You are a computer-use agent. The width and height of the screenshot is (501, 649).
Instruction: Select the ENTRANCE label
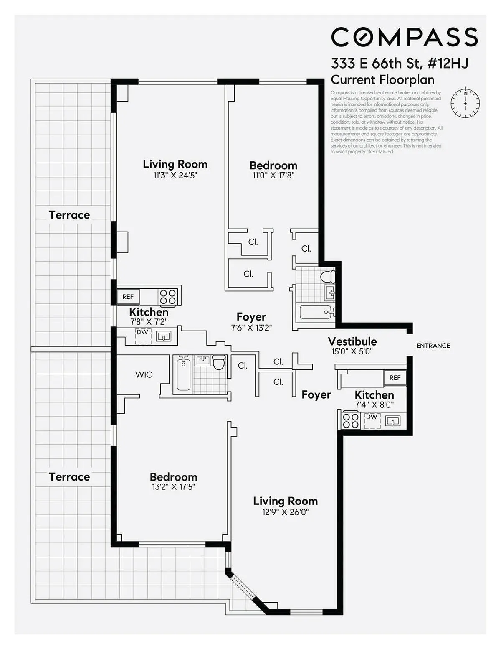(x=433, y=346)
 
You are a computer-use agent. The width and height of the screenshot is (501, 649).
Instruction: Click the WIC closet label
(x=144, y=374)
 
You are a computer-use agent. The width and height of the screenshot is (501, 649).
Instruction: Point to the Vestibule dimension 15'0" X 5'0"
(x=352, y=351)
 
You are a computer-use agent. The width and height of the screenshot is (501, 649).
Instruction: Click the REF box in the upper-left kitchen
(x=128, y=297)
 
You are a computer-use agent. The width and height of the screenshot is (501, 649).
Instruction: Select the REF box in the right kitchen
(x=395, y=378)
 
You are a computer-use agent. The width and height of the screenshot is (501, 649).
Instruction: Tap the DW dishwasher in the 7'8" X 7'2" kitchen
(x=143, y=336)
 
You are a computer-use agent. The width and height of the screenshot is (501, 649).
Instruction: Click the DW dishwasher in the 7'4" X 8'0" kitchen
(x=372, y=420)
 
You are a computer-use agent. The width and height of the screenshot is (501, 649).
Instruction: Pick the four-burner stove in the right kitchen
(x=350, y=421)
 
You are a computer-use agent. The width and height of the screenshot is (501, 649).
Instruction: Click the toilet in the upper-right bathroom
(x=328, y=276)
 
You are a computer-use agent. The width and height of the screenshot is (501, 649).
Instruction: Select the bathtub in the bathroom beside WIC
(x=183, y=374)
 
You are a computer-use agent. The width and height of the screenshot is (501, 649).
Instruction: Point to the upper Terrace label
(x=69, y=215)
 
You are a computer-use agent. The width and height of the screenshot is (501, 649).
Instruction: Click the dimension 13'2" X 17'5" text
(x=173, y=487)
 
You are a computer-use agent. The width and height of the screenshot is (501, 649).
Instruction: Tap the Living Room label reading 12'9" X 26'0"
(x=285, y=501)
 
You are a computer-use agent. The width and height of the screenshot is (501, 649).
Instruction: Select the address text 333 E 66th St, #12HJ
(x=399, y=64)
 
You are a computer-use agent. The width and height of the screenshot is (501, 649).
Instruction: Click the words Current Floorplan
(x=382, y=79)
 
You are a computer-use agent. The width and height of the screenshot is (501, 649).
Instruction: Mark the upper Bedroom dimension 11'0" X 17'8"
(x=273, y=176)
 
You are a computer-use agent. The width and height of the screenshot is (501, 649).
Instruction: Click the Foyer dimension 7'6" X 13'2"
(x=251, y=328)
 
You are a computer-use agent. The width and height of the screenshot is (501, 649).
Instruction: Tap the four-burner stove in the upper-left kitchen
(x=168, y=297)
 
